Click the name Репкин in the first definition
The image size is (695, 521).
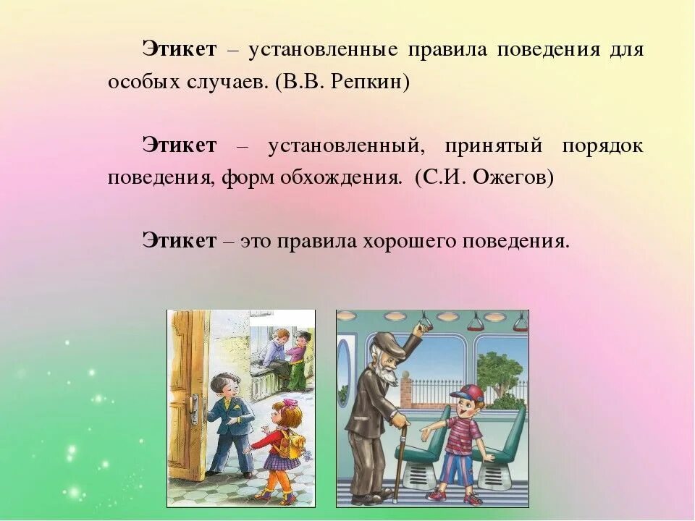(368, 82)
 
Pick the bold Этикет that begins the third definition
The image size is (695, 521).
(180, 241)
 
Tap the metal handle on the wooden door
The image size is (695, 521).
(193, 410)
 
